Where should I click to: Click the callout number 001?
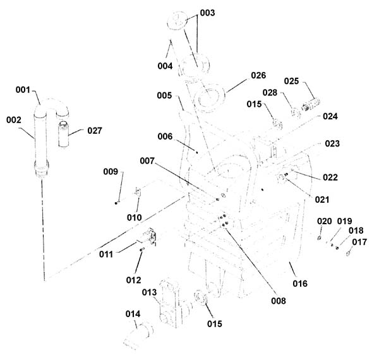pyautogui.click(x=23, y=90)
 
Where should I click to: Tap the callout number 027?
pyautogui.click(x=95, y=131)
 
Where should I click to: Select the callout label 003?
pyautogui.click(x=207, y=13)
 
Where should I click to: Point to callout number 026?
pyautogui.click(x=258, y=75)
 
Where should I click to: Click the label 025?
pyautogui.click(x=291, y=81)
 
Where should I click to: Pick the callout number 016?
pyautogui.click(x=300, y=284)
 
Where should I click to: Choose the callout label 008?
pyautogui.click(x=279, y=301)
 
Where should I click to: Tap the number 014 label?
pyautogui.click(x=133, y=314)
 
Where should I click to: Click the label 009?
pyautogui.click(x=111, y=172)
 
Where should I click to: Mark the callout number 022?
pyautogui.click(x=330, y=177)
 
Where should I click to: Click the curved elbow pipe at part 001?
pyautogui.click(x=51, y=106)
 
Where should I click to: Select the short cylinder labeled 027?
pyautogui.click(x=64, y=134)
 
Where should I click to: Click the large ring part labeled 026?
pyautogui.click(x=209, y=98)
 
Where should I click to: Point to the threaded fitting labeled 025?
pyautogui.click(x=311, y=104)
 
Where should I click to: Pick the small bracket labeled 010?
pyautogui.click(x=138, y=192)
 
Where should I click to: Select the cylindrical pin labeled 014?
pyautogui.click(x=139, y=335)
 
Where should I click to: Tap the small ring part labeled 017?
pyautogui.click(x=348, y=253)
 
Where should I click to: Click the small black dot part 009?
pyautogui.click(x=116, y=203)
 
